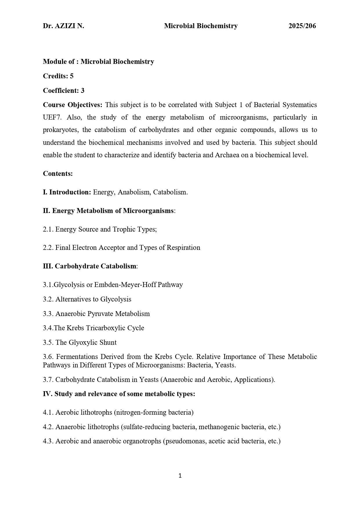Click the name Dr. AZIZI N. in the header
63,26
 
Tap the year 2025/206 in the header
302,26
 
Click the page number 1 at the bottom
180,476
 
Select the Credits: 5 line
58,76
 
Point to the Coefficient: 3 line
64,91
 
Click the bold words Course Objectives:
73,105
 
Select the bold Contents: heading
58,174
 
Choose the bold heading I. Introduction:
67,192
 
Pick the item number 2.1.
48,229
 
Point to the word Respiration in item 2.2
183,248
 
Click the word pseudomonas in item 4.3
184,441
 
